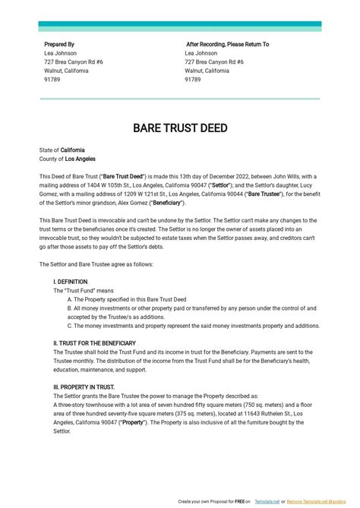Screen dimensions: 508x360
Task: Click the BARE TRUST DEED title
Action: (x=180, y=128)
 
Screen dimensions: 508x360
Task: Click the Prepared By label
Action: (x=59, y=45)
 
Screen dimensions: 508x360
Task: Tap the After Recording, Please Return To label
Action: (x=227, y=45)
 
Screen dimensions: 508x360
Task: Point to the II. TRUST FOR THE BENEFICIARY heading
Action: (x=95, y=343)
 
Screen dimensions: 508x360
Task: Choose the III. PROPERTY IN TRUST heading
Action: (x=84, y=387)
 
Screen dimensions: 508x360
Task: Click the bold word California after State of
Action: (x=73, y=150)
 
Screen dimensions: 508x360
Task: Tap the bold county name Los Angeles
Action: (x=81, y=159)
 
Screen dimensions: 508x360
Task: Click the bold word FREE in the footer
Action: (x=236, y=502)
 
